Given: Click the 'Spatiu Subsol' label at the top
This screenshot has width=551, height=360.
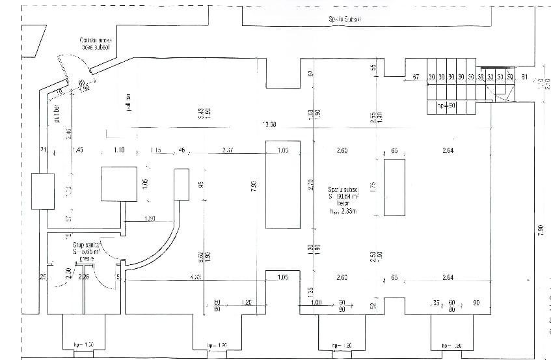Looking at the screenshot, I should (345, 20).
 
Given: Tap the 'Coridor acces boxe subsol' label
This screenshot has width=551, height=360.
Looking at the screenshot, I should (96, 43).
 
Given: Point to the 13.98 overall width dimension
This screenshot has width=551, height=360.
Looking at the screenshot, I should (269, 124).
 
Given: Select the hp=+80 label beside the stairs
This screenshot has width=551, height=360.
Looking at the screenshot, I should (445, 105).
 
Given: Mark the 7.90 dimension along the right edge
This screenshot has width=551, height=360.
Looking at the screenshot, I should (541, 230).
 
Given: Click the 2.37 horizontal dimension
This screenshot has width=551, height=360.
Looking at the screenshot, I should (228, 150).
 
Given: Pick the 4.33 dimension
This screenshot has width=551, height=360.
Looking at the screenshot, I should (195, 278).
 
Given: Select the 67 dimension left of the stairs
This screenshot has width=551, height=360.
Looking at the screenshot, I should (414, 78).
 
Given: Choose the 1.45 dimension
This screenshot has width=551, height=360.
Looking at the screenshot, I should (78, 150).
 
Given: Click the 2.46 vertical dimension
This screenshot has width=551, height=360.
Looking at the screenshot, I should (68, 135).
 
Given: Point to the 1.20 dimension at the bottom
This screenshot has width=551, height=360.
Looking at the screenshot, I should (247, 303).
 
